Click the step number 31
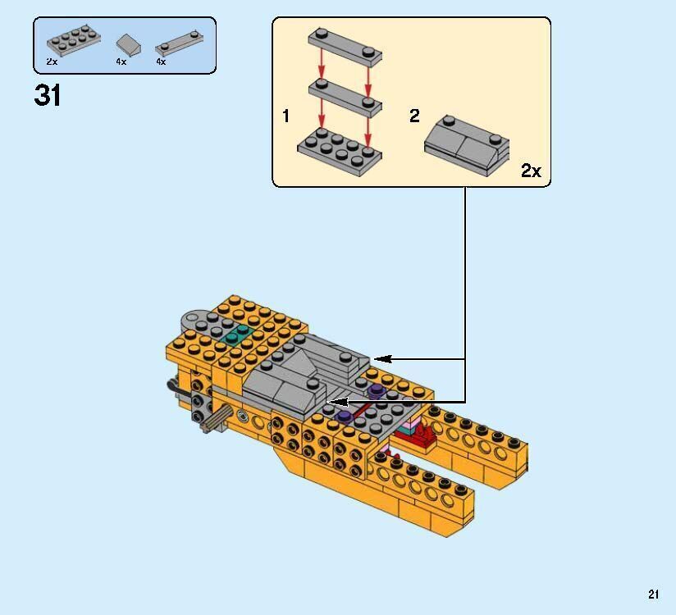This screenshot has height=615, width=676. point(48,96)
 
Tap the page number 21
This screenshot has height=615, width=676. point(653,594)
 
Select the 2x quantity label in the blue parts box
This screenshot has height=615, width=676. point(53,61)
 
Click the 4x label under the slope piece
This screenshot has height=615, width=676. point(121,61)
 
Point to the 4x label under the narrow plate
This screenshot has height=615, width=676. point(161,61)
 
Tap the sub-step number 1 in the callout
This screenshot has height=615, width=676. point(285,116)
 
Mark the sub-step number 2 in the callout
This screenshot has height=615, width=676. point(414,116)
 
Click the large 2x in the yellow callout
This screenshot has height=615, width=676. point(531,171)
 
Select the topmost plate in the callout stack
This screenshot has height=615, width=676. point(345,48)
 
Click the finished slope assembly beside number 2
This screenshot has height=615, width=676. point(466,144)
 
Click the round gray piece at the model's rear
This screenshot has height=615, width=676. point(194,321)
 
